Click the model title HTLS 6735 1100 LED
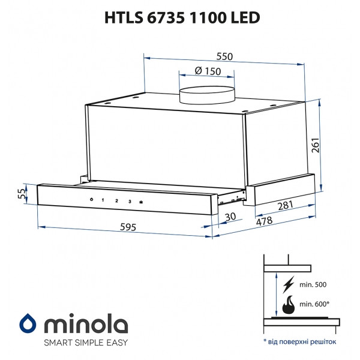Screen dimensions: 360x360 tap(179, 18)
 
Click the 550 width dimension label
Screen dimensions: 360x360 tap(224, 56)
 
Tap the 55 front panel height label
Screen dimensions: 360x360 tap(22, 193)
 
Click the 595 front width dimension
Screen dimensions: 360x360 tap(127, 227)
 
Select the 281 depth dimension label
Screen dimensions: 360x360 tap(285, 206)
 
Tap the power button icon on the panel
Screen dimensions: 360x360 tap(90, 200)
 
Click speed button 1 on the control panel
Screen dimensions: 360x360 tap(102, 200)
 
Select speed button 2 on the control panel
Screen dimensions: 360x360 tap(116, 201)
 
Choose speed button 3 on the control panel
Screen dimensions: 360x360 tap(129, 201)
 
